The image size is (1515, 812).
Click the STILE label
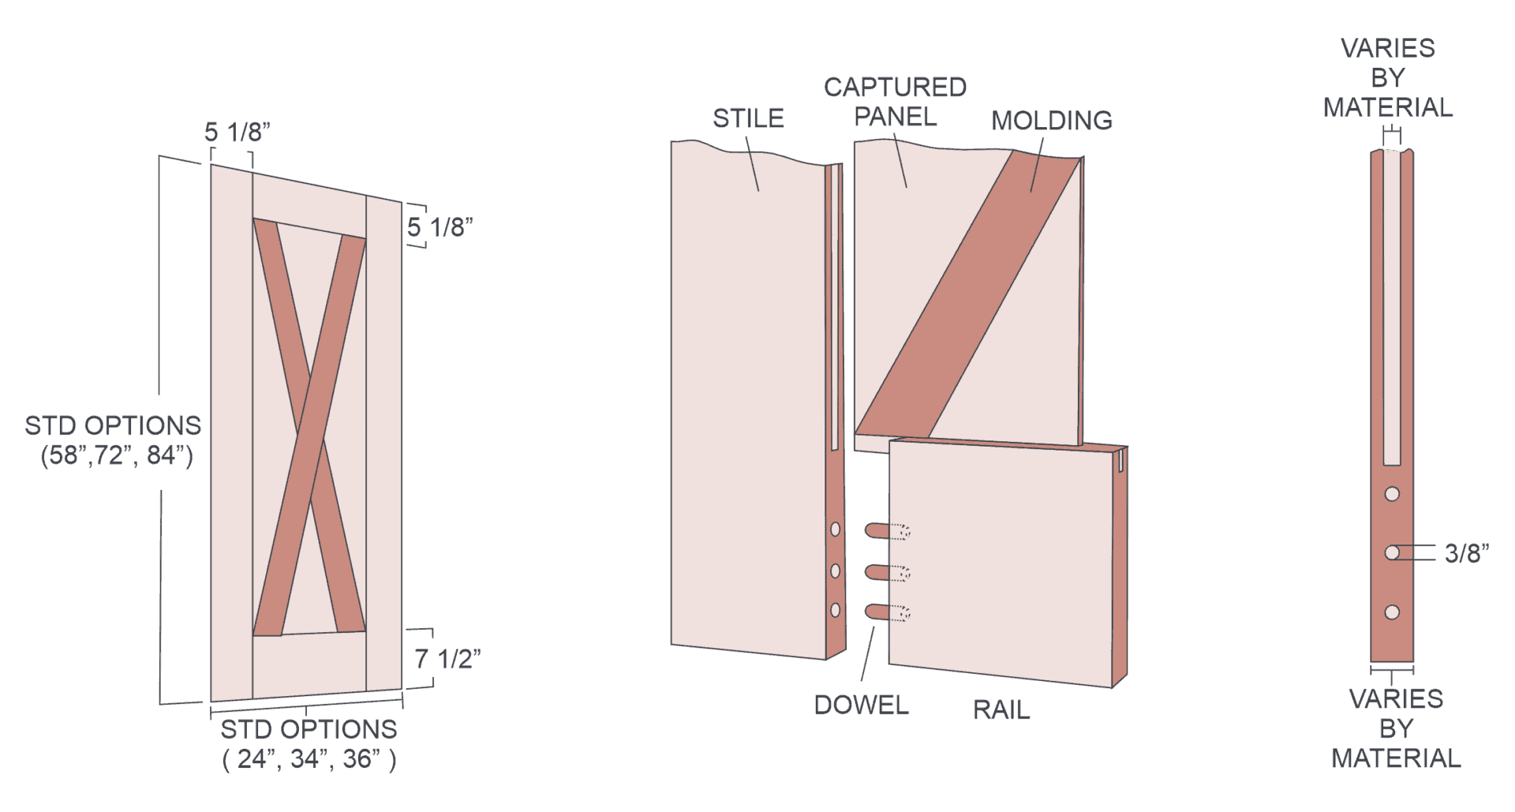click(x=748, y=118)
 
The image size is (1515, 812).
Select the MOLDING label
click(x=1052, y=121)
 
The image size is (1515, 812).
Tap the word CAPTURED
click(x=896, y=87)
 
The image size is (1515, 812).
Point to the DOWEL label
click(x=861, y=705)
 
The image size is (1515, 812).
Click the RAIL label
click(x=1001, y=709)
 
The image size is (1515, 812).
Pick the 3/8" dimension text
click(x=1467, y=553)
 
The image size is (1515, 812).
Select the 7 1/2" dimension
click(x=447, y=658)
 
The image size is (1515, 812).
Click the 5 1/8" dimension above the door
click(x=237, y=132)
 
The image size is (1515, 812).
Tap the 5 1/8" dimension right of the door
click(x=440, y=227)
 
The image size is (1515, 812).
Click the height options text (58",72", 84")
click(x=117, y=455)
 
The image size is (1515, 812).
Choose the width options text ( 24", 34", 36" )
click(x=309, y=758)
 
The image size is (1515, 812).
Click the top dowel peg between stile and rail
click(x=888, y=531)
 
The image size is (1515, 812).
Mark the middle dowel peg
click(x=888, y=572)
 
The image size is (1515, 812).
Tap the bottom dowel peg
click(x=888, y=612)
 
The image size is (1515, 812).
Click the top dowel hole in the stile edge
click(x=836, y=529)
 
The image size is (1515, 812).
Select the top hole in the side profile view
click(x=1392, y=494)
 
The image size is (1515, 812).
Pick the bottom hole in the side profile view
click(x=1392, y=612)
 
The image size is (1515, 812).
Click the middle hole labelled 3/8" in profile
click(x=1392, y=553)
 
